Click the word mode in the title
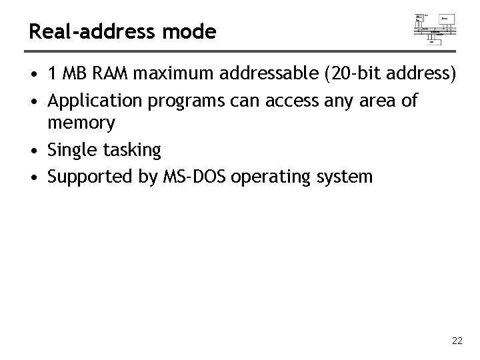tap(194, 31)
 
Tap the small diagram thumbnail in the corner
tap(435, 28)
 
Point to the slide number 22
tap(457, 341)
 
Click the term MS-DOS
tap(188, 177)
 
